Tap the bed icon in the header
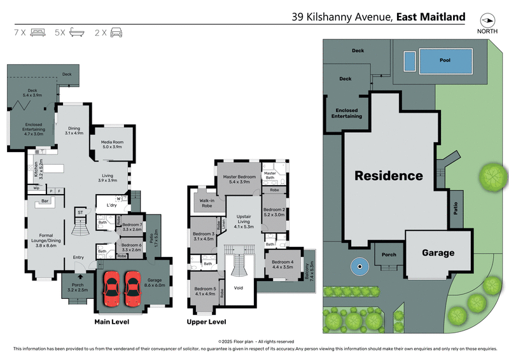tap(38, 32)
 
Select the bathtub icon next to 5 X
tap(77, 32)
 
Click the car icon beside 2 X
tap(116, 32)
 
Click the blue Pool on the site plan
tap(445, 61)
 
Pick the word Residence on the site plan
tap(388, 176)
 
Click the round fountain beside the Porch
tap(357, 266)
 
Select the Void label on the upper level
tap(239, 287)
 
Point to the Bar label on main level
tap(45, 202)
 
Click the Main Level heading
tap(112, 322)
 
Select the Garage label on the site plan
tap(438, 253)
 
